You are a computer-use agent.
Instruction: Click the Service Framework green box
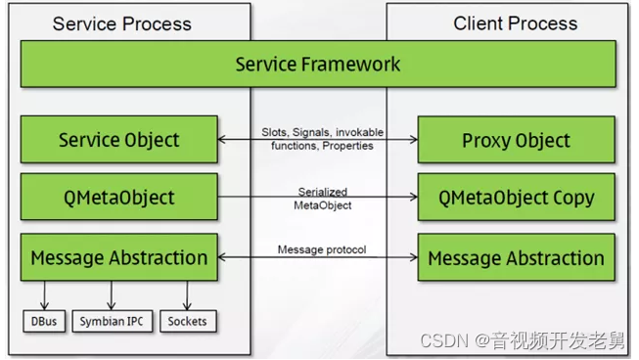point(318,65)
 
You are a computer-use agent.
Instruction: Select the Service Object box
point(118,139)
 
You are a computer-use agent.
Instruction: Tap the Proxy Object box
point(516,140)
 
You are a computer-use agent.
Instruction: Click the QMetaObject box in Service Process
point(118,198)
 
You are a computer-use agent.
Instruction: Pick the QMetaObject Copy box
point(516,198)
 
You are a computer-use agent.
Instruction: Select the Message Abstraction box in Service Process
point(118,258)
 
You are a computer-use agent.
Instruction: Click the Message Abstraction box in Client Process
point(516,258)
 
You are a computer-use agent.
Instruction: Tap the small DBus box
point(44,320)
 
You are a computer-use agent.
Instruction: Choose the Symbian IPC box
point(112,320)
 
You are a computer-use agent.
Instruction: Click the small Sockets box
point(186,320)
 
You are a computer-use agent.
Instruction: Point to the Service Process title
point(121,23)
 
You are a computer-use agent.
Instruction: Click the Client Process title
point(515,23)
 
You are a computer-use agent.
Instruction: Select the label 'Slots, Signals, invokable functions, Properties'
point(322,138)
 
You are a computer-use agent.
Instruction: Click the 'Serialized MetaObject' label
point(322,198)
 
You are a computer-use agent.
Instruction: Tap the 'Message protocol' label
point(322,249)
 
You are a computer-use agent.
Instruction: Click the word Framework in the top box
point(355,65)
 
